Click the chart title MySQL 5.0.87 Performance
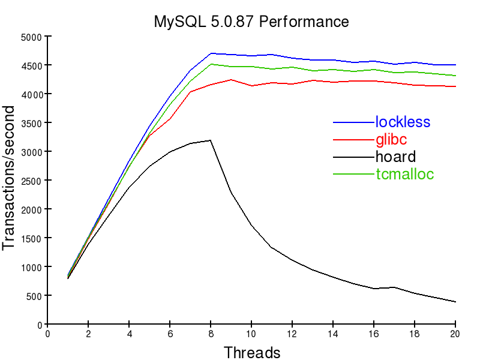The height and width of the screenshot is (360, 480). (251, 22)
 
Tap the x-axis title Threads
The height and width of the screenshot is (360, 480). (251, 352)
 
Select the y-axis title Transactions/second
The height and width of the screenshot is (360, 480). (10, 178)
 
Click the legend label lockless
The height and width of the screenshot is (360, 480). (403, 122)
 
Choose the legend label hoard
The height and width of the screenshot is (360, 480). (395, 157)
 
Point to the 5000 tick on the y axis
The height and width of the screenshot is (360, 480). (30, 37)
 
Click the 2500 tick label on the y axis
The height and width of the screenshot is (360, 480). (30, 181)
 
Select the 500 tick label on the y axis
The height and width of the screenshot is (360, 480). (32, 296)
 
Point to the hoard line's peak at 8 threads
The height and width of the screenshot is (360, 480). (211, 140)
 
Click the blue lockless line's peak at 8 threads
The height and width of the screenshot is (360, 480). (211, 53)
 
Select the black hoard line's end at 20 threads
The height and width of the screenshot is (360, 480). (455, 302)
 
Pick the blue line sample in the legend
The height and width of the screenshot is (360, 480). (353, 122)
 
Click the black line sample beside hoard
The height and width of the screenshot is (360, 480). (353, 157)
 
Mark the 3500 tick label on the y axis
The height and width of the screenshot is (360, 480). (30, 123)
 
